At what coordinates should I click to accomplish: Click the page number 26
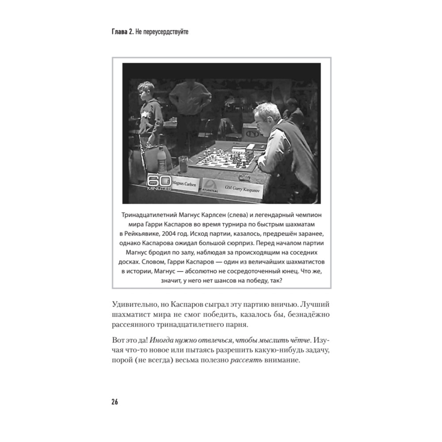point(114,402)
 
